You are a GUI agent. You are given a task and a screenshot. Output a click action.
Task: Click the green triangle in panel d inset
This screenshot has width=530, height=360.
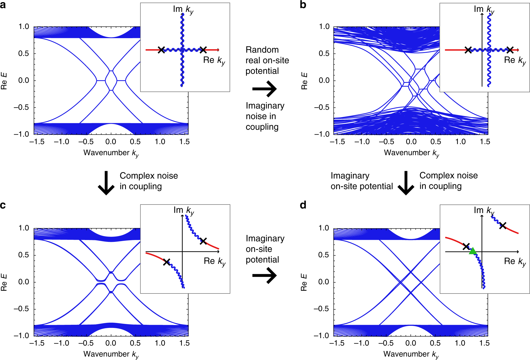click(472, 251)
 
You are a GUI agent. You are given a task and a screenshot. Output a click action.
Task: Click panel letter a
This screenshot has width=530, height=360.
click(3, 5)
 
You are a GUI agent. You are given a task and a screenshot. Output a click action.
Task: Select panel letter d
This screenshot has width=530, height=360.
click(303, 205)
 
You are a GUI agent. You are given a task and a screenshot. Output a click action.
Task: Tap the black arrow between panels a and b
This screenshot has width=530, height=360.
click(264, 89)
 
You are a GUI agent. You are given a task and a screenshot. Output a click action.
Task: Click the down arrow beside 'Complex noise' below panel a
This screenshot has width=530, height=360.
click(106, 183)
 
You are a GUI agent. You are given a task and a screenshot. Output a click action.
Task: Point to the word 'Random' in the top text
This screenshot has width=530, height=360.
click(262, 50)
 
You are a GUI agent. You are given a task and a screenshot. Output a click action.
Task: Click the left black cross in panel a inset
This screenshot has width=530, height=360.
click(161, 50)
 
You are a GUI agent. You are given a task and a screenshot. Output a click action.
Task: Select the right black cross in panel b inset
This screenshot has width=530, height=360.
click(510, 50)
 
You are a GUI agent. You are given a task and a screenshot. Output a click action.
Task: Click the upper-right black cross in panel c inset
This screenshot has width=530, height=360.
click(203, 241)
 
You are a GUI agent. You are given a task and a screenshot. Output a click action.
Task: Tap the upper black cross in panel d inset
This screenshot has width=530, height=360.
click(502, 226)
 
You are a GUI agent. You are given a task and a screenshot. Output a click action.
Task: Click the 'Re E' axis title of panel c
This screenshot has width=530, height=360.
click(4, 282)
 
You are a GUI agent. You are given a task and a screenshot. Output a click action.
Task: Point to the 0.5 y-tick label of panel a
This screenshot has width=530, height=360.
click(24, 54)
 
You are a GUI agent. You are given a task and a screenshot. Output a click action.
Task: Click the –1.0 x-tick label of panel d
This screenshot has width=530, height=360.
click(361, 343)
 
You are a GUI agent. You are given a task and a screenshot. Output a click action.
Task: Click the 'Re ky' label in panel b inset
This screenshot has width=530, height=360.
click(515, 61)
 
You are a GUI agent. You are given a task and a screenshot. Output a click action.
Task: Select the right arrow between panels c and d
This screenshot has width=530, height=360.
click(264, 275)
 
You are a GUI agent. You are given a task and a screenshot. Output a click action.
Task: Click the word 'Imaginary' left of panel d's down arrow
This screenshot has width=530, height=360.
click(350, 176)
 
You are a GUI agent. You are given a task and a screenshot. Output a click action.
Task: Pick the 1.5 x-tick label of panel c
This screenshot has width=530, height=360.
click(184, 343)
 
